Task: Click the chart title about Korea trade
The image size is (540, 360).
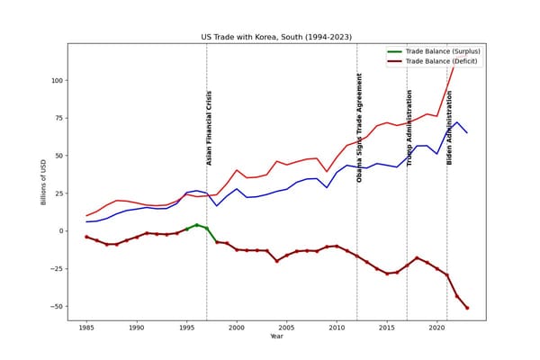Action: (x=276, y=37)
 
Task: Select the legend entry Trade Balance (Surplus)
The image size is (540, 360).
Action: (x=434, y=51)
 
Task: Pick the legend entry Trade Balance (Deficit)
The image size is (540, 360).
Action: (x=432, y=61)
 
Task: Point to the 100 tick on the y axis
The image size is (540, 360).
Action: (x=58, y=81)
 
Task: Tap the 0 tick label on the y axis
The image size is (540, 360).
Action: (x=61, y=230)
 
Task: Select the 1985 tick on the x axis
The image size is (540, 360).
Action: (x=86, y=328)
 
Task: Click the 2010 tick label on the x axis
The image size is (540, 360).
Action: (x=337, y=328)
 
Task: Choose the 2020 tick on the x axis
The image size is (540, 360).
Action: (x=436, y=328)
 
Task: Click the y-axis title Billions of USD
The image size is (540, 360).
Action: (x=43, y=182)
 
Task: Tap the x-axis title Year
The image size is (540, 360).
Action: (x=276, y=337)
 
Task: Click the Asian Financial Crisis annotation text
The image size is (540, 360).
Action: (x=209, y=128)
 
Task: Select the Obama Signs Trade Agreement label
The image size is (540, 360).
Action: (x=359, y=128)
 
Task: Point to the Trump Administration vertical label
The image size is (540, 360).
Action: (x=409, y=128)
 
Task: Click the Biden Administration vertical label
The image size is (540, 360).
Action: (x=449, y=128)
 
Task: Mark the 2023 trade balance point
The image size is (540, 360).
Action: (x=467, y=308)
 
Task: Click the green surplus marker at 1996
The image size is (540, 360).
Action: (x=196, y=225)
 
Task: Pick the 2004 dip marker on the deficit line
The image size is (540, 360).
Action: (x=277, y=261)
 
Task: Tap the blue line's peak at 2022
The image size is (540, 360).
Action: (x=457, y=122)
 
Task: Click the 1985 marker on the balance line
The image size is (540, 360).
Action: (x=86, y=237)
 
